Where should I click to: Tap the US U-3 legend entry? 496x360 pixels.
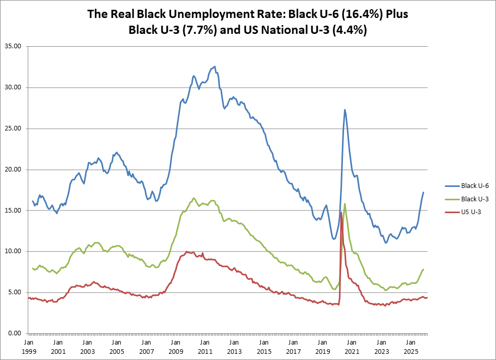tap(465, 211)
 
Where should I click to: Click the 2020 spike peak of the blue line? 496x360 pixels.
tap(345, 109)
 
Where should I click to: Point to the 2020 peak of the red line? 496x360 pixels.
tap(341, 212)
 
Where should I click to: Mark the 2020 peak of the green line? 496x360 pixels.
tap(345, 203)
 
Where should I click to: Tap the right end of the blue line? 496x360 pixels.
tap(424, 192)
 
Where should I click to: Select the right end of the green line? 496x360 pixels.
tap(424, 269)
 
